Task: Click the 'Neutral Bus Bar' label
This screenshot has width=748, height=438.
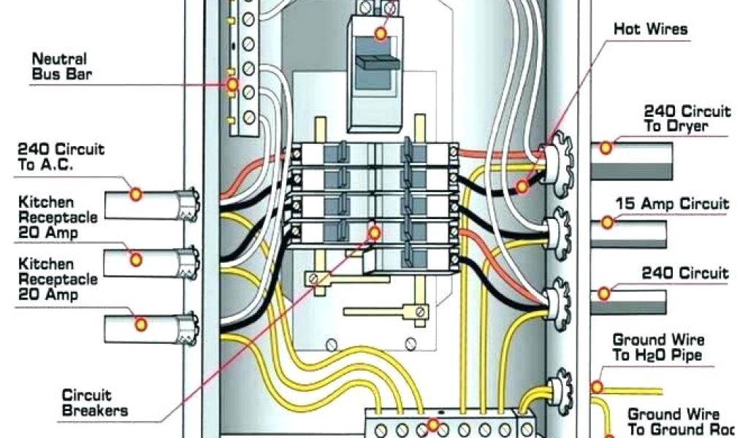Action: [x=58, y=66]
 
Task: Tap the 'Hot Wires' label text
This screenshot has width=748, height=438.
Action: [x=650, y=29]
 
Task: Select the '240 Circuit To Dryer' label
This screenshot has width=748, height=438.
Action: [x=686, y=119]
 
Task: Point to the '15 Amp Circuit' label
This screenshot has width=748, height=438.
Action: [x=672, y=204]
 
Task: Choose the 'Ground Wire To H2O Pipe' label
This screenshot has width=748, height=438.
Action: [x=657, y=347]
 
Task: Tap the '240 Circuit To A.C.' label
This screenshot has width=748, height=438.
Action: [x=61, y=157]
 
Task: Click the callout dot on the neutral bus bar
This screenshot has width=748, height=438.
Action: [x=232, y=85]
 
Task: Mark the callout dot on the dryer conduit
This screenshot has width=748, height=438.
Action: [x=606, y=147]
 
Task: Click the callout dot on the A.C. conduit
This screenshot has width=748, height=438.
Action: [x=136, y=193]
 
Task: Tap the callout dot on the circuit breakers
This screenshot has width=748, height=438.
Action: [x=375, y=233]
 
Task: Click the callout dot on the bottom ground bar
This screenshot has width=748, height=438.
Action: [x=433, y=424]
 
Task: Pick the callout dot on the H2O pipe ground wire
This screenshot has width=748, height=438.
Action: [x=597, y=386]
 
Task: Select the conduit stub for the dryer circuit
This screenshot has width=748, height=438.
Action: [x=632, y=159]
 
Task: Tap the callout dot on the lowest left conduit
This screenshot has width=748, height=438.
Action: [x=141, y=323]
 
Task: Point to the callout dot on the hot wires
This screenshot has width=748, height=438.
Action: [x=521, y=187]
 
